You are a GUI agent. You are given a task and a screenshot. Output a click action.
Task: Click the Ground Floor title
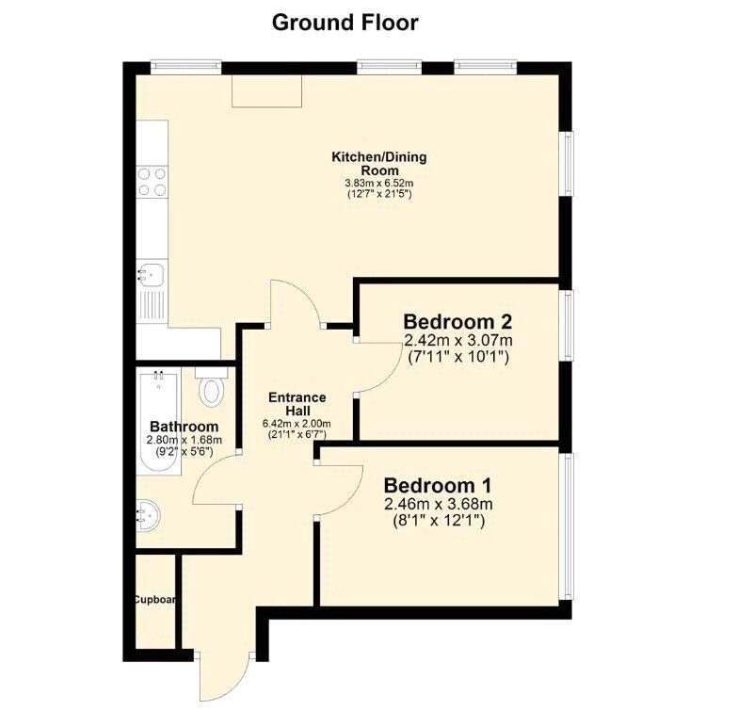(x=345, y=23)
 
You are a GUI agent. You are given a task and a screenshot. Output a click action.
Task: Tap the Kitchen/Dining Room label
(x=379, y=164)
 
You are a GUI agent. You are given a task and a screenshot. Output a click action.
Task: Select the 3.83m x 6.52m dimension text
(x=379, y=184)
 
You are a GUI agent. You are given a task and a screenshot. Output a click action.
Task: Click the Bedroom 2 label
(x=457, y=321)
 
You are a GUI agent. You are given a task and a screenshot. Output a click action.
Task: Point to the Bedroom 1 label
(x=438, y=486)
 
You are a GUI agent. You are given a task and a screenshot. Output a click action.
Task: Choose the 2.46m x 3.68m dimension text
(x=438, y=504)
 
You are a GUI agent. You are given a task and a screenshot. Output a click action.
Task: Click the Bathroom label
(x=184, y=427)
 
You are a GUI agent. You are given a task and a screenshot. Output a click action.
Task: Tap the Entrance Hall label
(x=297, y=404)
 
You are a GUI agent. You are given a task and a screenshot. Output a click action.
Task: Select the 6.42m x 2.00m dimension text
(x=297, y=424)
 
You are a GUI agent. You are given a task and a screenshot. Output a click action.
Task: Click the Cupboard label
(x=154, y=600)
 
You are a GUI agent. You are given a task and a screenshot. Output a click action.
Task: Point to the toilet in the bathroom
(x=212, y=388)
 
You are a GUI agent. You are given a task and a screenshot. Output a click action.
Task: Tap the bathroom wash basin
(x=148, y=515)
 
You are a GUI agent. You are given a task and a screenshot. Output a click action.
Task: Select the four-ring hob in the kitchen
(x=152, y=182)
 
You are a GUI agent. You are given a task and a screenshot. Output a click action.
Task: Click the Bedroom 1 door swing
(x=340, y=489)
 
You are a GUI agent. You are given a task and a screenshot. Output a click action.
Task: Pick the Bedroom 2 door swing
(x=380, y=368)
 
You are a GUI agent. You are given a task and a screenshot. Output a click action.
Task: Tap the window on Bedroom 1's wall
(x=569, y=526)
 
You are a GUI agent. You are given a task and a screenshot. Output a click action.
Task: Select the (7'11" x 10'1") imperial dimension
(x=457, y=357)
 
